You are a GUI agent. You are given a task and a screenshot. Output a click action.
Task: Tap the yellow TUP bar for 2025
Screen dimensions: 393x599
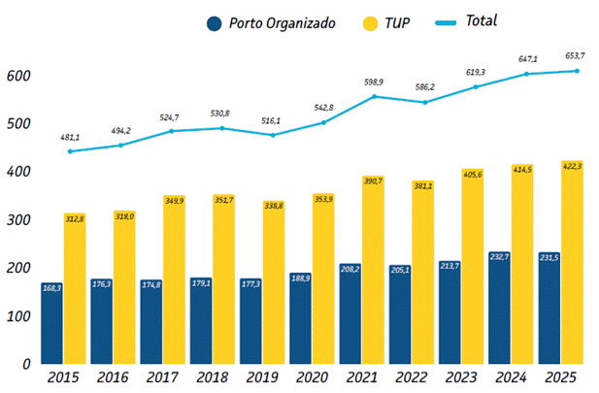tap(572, 262)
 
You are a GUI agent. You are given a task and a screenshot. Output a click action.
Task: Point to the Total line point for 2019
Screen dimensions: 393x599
tap(275, 134)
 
